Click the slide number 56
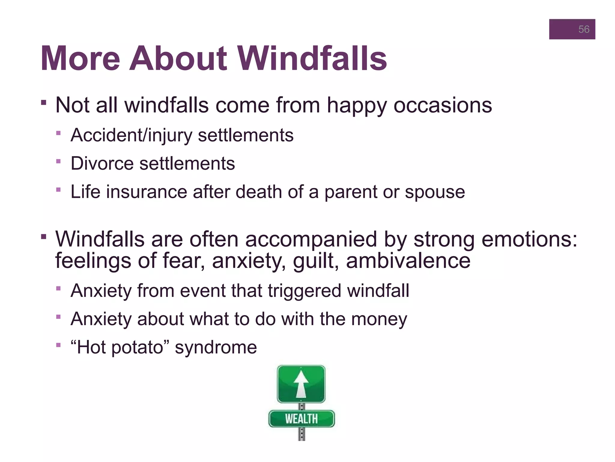tap(583, 29)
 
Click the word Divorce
tap(102, 164)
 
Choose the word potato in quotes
tap(138, 348)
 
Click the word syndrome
tap(216, 348)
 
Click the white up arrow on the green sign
tap(301, 383)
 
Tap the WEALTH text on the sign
tap(301, 419)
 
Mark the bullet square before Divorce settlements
tap(58, 162)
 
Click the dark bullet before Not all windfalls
tap(44, 103)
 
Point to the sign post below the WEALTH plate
tap(301, 434)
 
